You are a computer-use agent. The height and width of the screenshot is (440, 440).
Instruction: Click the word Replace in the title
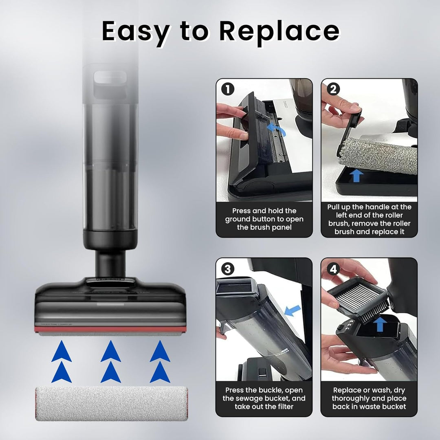coord(279,31)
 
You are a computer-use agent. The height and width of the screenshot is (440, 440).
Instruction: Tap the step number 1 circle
coord(228,89)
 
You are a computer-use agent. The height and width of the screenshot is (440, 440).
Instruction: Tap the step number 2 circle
coord(333,89)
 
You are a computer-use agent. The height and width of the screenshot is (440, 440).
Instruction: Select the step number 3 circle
coord(228,269)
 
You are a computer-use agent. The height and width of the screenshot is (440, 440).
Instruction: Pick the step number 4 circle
coord(333,269)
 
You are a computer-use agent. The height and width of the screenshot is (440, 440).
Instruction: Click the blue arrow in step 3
coord(293,310)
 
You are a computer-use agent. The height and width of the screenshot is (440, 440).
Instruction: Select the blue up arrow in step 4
coord(380,324)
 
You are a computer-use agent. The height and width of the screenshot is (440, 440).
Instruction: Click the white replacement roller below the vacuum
coord(111,404)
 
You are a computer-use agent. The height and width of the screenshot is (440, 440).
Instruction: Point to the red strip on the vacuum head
coord(110,329)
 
